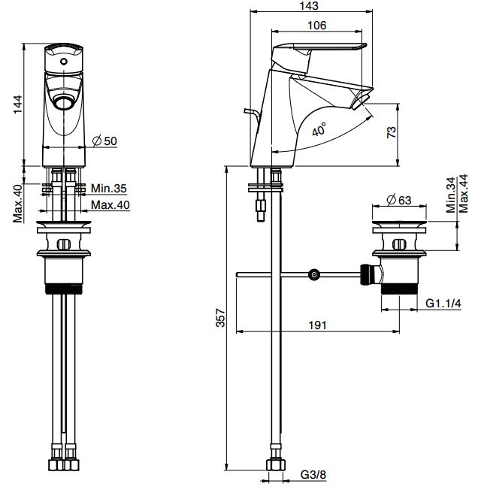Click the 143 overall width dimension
coord(309,6)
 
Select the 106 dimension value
coord(317,26)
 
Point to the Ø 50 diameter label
coord(104,141)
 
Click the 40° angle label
coord(319,130)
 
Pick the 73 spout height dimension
coord(391,132)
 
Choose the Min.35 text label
coord(109,188)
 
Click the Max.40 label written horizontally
coord(110,204)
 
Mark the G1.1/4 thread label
coord(443,304)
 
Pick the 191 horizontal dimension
coord(317,325)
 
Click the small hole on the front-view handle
coord(63,62)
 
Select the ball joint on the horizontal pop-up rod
coord(316,275)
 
